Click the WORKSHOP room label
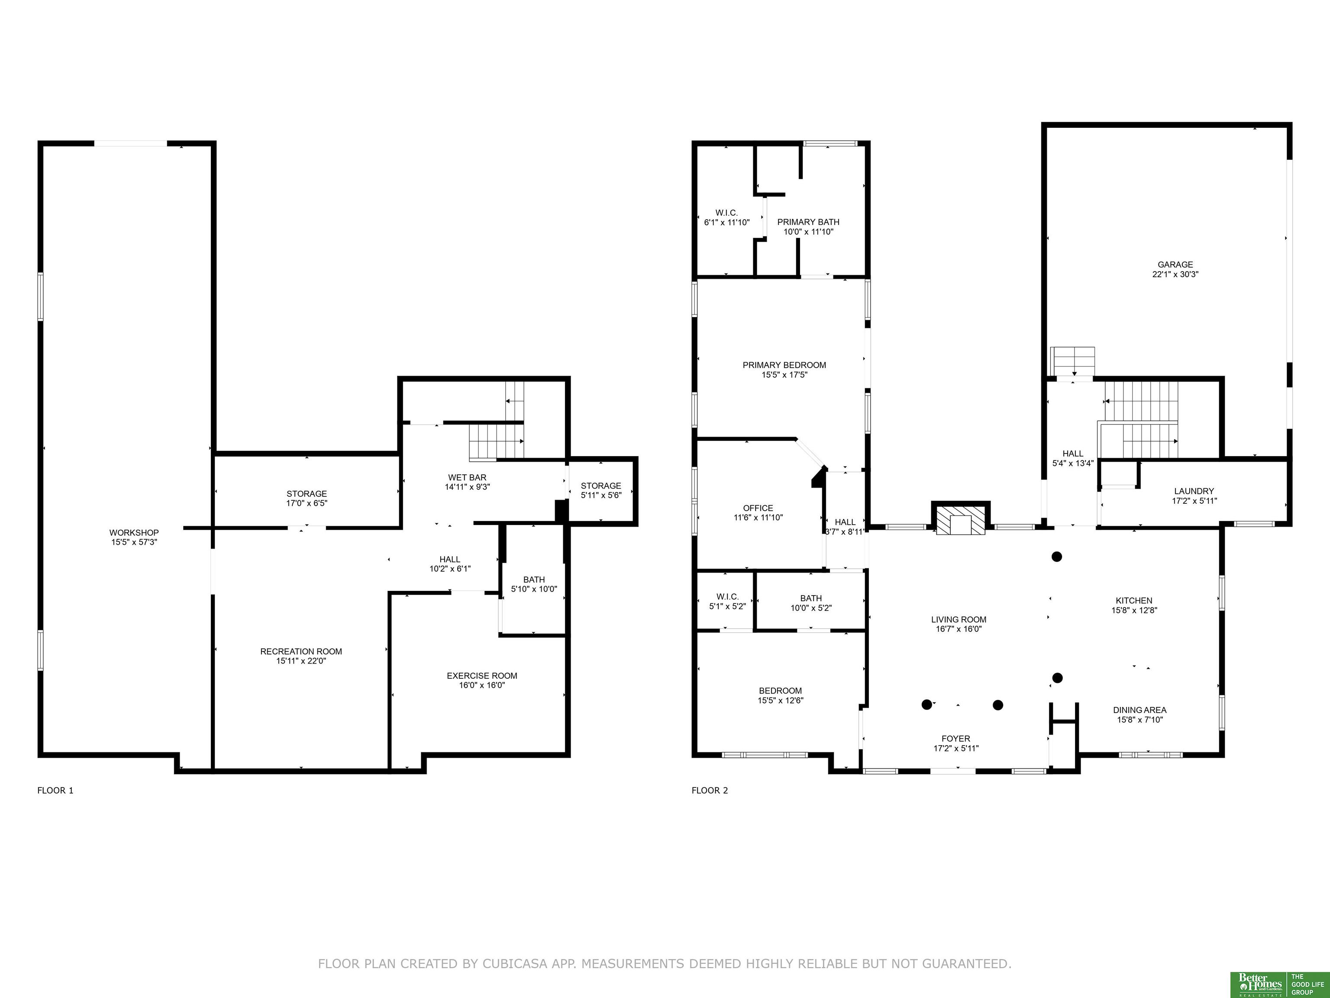(134, 532)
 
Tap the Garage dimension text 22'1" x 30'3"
(1175, 274)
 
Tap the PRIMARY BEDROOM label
(784, 365)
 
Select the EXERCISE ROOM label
(481, 676)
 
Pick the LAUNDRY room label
(1194, 491)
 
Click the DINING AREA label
(1140, 710)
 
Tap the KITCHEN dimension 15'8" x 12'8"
(1134, 610)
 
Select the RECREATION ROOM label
(301, 651)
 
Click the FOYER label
(956, 739)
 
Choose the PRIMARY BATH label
(808, 222)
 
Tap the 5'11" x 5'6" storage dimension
(600, 495)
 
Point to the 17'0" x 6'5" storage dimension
(307, 503)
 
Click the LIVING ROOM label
(959, 619)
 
